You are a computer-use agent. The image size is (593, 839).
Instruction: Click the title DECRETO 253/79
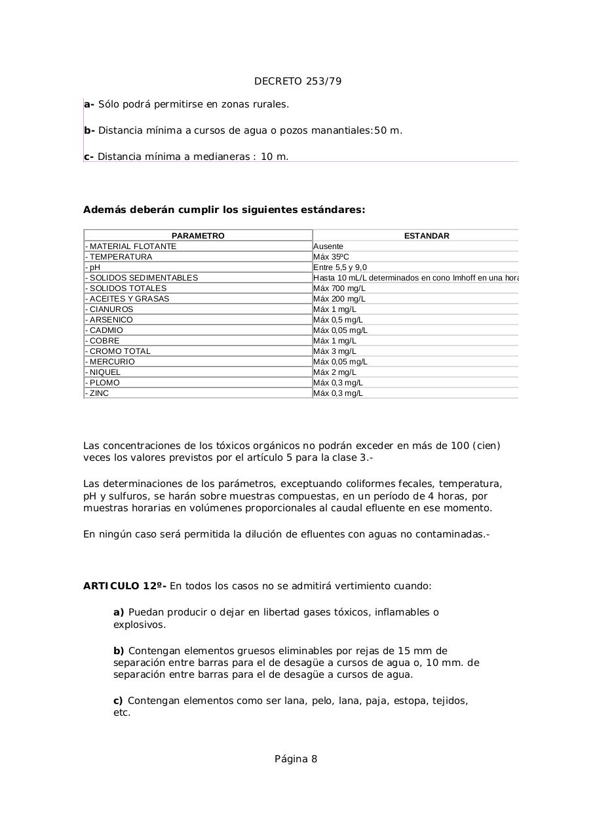click(x=297, y=81)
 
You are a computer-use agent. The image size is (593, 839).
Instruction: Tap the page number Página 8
click(x=296, y=759)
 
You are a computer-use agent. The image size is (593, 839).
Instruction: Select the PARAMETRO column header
click(x=198, y=236)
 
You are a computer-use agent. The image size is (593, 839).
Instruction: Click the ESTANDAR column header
click(x=427, y=236)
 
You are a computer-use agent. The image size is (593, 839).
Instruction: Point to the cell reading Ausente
click(x=328, y=246)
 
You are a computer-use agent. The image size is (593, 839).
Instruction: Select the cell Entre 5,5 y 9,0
click(x=340, y=267)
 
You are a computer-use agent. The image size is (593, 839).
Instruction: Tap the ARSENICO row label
click(x=111, y=320)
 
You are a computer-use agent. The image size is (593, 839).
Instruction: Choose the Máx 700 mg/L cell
click(x=339, y=288)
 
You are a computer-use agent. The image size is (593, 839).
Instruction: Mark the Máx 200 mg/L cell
click(x=339, y=299)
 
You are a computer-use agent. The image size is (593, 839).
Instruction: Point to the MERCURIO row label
click(x=112, y=362)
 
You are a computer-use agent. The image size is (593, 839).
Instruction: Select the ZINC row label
click(x=99, y=393)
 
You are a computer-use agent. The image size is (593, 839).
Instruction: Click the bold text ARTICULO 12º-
click(x=124, y=586)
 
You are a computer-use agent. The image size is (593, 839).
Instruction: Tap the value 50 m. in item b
click(x=388, y=130)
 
